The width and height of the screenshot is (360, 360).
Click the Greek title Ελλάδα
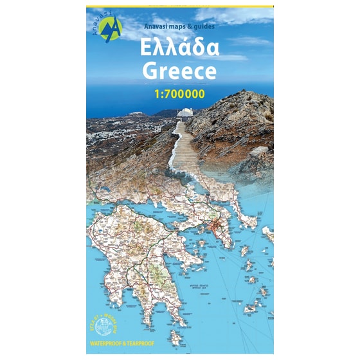click(180, 49)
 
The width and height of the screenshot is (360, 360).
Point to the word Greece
click(179, 71)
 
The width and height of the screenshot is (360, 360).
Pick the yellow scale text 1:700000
click(179, 94)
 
